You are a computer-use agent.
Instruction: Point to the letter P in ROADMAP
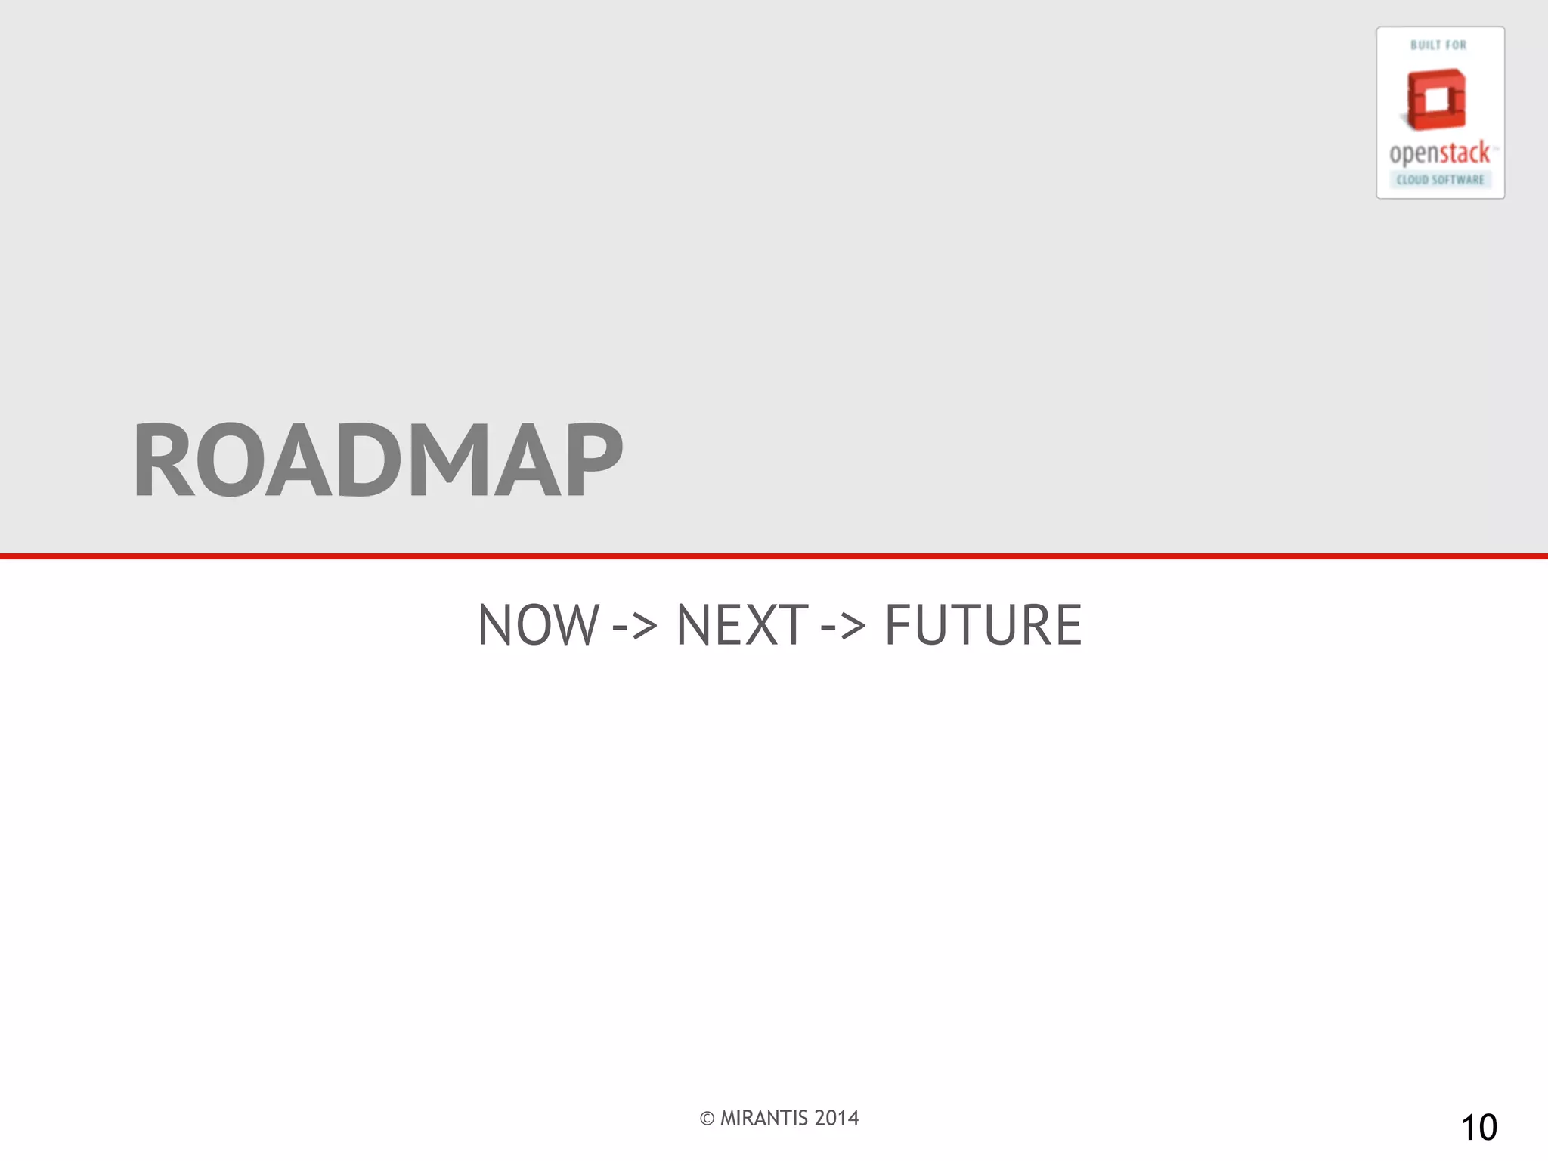tap(589, 460)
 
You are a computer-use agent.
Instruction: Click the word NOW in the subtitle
tap(538, 625)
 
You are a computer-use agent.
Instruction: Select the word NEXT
tap(741, 625)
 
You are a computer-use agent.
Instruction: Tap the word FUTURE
tap(983, 625)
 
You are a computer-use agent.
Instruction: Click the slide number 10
tap(1478, 1128)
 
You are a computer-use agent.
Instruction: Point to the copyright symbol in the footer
tap(707, 1119)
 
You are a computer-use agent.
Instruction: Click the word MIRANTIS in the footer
tap(763, 1118)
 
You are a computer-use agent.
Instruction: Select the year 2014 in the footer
tap(837, 1118)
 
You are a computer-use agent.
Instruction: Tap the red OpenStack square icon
tap(1436, 99)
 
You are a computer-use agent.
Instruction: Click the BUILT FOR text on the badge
tap(1438, 45)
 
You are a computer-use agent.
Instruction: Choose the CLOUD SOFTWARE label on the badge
tap(1440, 180)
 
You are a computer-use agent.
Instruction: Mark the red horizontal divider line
tap(774, 556)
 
